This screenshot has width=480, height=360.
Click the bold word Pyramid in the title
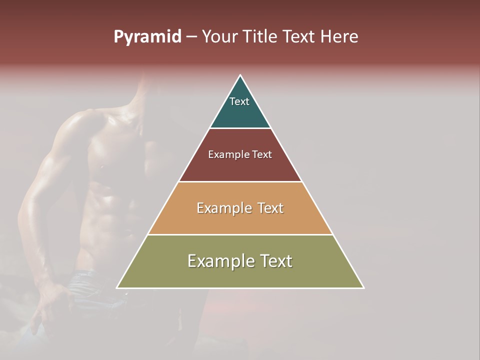pos(147,37)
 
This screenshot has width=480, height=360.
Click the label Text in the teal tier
pos(239,101)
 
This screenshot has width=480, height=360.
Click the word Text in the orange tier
pos(270,208)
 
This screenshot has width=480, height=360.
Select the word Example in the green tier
pos(220,261)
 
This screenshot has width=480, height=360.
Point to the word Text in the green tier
pos(275,261)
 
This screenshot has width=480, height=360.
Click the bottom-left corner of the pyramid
pos(117,288)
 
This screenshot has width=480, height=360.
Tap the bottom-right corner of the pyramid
pos(363,288)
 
